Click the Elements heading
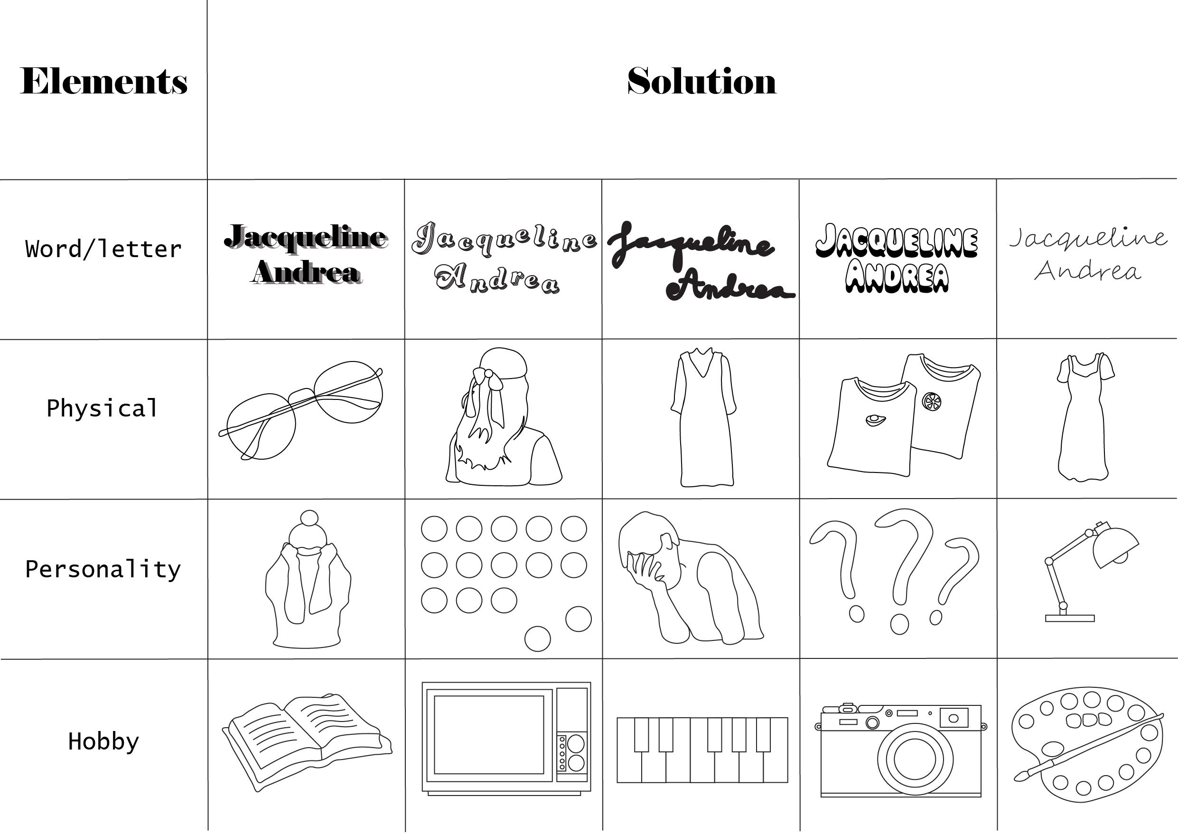103,81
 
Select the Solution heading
701,81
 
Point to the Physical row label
102,408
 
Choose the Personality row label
103,569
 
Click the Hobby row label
103,741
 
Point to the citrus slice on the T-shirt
931,401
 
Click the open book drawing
307,739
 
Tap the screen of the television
488,734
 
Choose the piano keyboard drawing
702,750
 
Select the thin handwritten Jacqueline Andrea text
1088,254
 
